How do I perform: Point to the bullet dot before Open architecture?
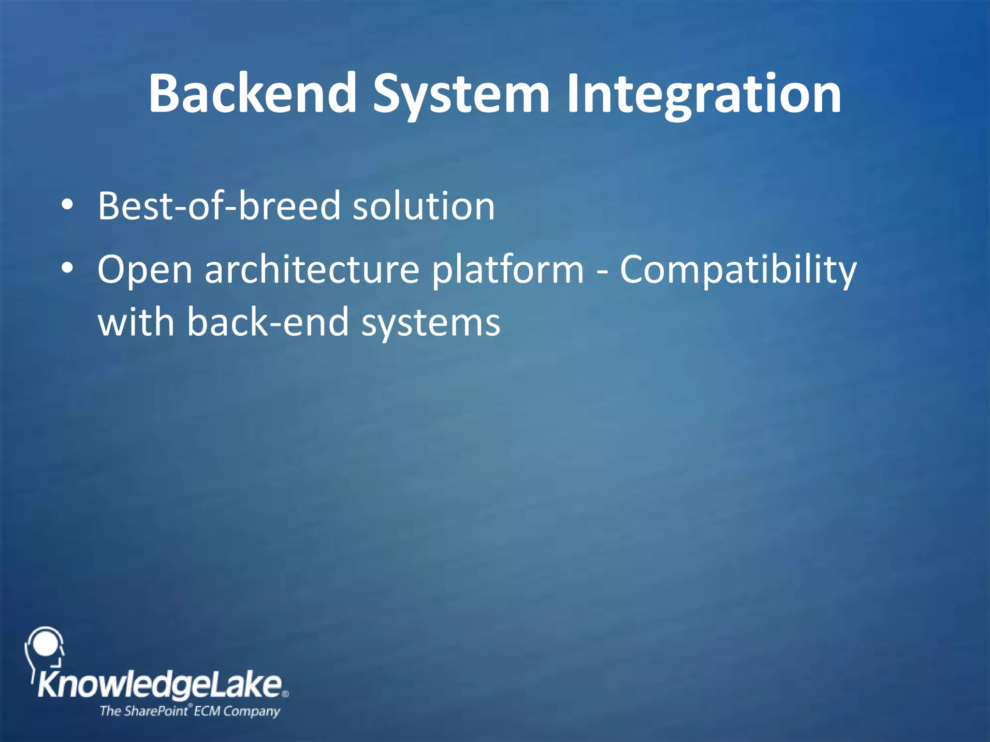tap(67, 269)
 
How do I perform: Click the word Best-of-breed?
tap(219, 206)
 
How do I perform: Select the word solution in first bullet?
tap(424, 206)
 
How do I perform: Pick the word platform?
tap(508, 270)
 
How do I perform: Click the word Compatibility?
tap(738, 270)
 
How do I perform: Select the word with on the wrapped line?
tap(136, 322)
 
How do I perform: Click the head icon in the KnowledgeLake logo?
tap(44, 647)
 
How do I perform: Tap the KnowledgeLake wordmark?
tap(160, 685)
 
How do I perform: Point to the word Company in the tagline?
tap(251, 711)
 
